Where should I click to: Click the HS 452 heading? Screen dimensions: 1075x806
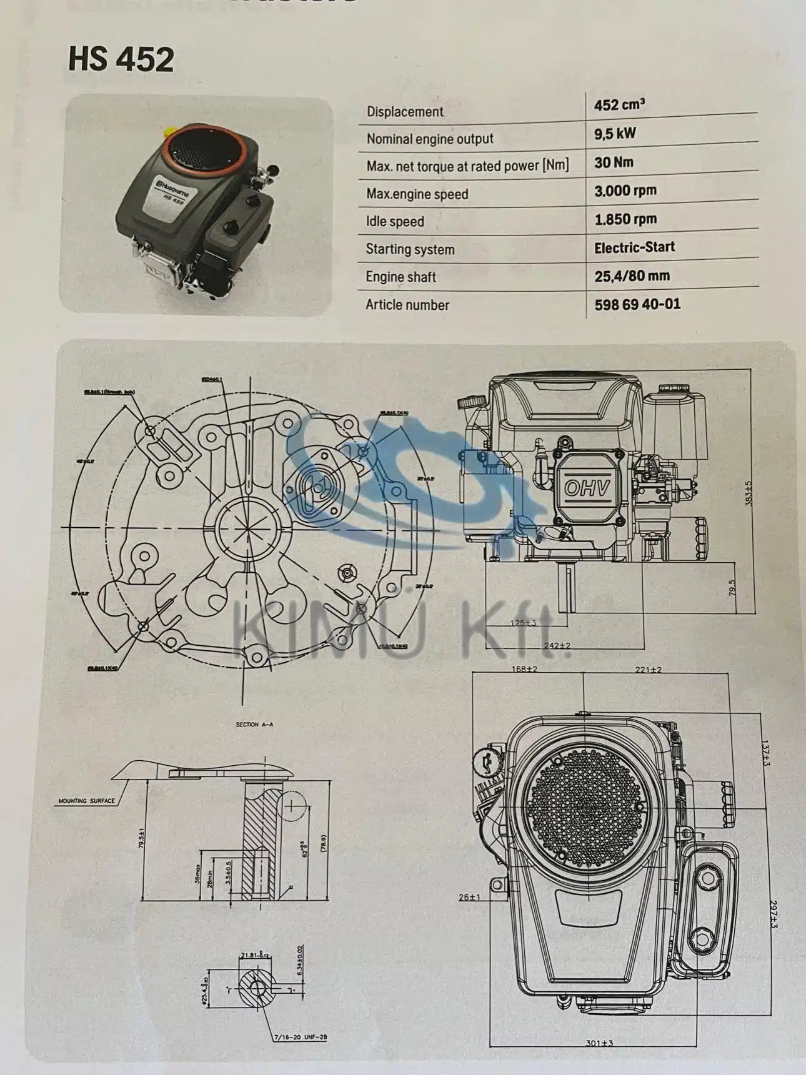(x=121, y=59)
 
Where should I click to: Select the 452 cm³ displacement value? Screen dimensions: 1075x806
(x=619, y=105)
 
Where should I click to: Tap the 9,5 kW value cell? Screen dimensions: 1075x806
(x=615, y=134)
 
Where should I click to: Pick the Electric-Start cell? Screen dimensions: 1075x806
(x=634, y=247)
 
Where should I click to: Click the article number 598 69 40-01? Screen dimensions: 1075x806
(x=637, y=304)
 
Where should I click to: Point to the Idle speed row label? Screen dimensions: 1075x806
(x=395, y=222)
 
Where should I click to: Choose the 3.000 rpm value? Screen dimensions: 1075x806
(x=625, y=191)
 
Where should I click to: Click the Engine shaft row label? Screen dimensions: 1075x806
(x=401, y=277)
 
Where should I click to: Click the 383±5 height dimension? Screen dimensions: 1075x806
(x=749, y=493)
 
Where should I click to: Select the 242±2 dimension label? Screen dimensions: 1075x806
(x=557, y=645)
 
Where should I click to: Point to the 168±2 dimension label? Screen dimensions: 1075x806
(x=524, y=669)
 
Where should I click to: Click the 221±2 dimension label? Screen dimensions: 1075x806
(x=648, y=669)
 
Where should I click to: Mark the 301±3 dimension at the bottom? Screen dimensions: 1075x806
(x=599, y=1043)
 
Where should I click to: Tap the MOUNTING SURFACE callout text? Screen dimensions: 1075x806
(x=86, y=801)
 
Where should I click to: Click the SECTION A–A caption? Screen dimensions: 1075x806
(x=254, y=725)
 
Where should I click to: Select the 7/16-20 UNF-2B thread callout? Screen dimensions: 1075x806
(x=300, y=1038)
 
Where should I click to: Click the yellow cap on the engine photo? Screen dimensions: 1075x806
(x=169, y=133)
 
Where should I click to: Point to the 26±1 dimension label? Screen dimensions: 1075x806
(x=469, y=897)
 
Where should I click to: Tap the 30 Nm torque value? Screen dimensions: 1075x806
(x=614, y=162)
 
